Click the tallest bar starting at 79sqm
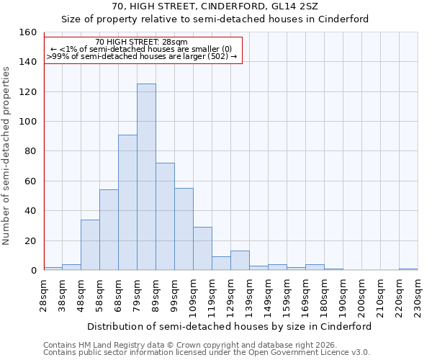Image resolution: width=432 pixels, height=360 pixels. click(146, 177)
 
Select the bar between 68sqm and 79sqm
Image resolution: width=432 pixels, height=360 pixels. click(127, 202)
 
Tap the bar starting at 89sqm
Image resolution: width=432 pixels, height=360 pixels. click(165, 217)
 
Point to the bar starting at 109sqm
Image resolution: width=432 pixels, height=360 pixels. click(202, 248)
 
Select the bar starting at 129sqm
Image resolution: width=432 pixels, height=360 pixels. click(240, 261)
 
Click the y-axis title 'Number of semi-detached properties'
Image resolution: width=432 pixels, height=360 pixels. click(7, 151)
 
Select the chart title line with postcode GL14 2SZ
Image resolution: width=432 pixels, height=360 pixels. click(215, 6)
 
